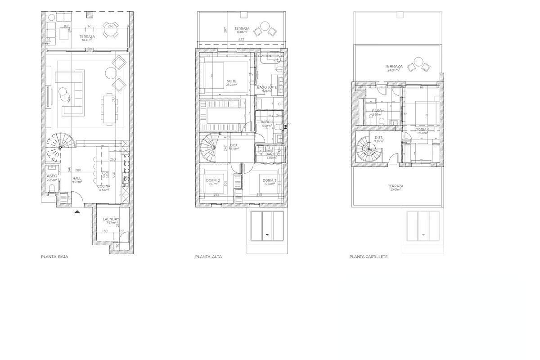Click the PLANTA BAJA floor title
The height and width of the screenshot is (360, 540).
click(x=54, y=257)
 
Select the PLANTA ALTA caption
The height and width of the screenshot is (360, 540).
click(x=208, y=257)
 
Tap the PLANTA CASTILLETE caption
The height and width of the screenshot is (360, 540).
click(x=369, y=257)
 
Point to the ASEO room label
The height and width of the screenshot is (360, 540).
click(x=52, y=176)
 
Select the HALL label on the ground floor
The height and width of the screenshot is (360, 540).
click(x=77, y=179)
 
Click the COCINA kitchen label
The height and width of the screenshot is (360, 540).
click(x=104, y=186)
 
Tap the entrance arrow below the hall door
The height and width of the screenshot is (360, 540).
click(x=77, y=211)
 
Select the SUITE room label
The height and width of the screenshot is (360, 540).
click(x=231, y=81)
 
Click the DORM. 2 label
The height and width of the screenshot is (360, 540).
click(x=213, y=180)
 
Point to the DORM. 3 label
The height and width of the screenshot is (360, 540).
click(x=270, y=180)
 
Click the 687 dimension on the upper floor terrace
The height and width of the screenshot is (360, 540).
click(x=241, y=40)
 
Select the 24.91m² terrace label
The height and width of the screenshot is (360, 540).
click(x=394, y=67)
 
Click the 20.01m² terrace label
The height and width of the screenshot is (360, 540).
click(x=396, y=186)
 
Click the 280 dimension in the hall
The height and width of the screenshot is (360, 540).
click(x=78, y=171)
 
